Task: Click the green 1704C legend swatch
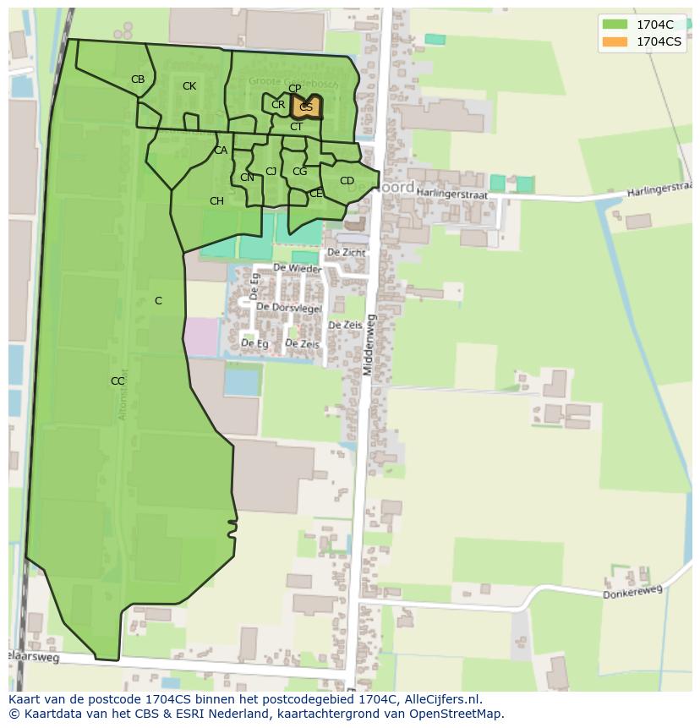coord(615,25)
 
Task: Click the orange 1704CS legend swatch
coord(615,41)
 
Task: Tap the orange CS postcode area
coord(305,107)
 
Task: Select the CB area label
coord(138,79)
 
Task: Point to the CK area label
coord(189,86)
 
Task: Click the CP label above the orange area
coord(294,89)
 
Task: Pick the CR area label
coord(278,106)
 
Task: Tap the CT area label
coord(296,127)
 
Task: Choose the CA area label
coord(221,151)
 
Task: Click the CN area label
coord(247,178)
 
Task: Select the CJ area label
coord(271,172)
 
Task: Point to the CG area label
coord(299,172)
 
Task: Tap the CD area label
coord(347,181)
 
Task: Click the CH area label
coord(216,201)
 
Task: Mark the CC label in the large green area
coord(118,381)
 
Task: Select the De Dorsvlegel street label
coord(289,308)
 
